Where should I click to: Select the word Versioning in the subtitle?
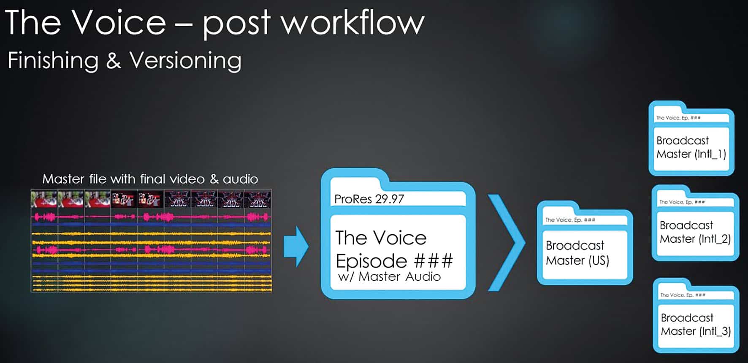pyautogui.click(x=185, y=60)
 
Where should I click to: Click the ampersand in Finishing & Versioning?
pyautogui.click(x=113, y=60)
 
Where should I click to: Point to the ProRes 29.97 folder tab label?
pyautogui.click(x=369, y=199)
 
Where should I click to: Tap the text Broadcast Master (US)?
pyautogui.click(x=577, y=253)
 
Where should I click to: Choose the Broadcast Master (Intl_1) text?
pyautogui.click(x=691, y=147)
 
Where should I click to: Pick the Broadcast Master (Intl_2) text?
pyautogui.click(x=695, y=232)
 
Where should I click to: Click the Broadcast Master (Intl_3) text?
pyautogui.click(x=696, y=324)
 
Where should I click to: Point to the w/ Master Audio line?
pyautogui.click(x=389, y=276)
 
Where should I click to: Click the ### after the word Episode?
pyautogui.click(x=434, y=261)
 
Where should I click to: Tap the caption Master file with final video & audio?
pyautogui.click(x=150, y=179)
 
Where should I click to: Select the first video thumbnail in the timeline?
pyautogui.click(x=44, y=199)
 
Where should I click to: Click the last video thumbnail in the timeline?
pyautogui.click(x=257, y=199)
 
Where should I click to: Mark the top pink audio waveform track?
pyautogui.click(x=151, y=217)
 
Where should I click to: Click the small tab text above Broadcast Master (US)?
pyautogui.click(x=570, y=220)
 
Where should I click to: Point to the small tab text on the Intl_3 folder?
pyautogui.click(x=683, y=295)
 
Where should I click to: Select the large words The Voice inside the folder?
pyautogui.click(x=381, y=238)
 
